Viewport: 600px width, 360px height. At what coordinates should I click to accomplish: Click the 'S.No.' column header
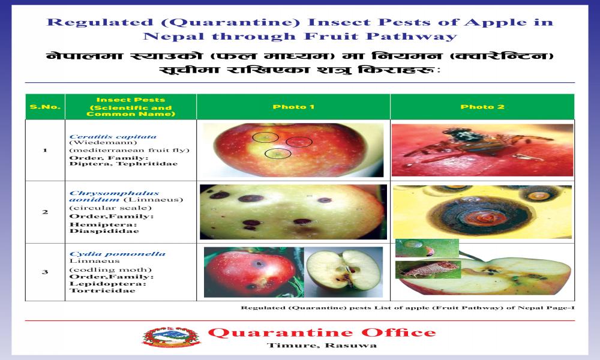(x=45, y=107)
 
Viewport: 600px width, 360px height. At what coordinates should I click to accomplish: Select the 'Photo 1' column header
(x=293, y=107)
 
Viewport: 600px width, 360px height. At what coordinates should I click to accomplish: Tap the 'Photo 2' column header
(x=482, y=107)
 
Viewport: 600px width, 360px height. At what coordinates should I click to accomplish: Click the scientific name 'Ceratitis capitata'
(x=113, y=137)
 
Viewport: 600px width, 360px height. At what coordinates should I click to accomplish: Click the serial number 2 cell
(x=45, y=212)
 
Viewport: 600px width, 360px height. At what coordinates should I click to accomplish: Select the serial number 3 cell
(x=45, y=272)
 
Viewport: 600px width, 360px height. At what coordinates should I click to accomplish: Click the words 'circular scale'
(x=110, y=208)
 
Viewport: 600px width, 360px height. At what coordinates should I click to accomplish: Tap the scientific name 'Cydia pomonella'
(x=118, y=254)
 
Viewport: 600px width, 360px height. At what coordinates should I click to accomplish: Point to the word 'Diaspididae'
(x=104, y=231)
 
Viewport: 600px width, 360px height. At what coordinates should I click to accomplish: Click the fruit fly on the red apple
(x=470, y=145)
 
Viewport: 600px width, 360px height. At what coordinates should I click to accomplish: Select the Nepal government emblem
(x=172, y=337)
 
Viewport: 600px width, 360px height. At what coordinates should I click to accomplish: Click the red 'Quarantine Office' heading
(x=322, y=332)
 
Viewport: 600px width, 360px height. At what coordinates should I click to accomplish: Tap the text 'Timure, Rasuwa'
(x=322, y=346)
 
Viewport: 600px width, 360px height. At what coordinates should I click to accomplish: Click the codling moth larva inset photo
(x=428, y=269)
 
